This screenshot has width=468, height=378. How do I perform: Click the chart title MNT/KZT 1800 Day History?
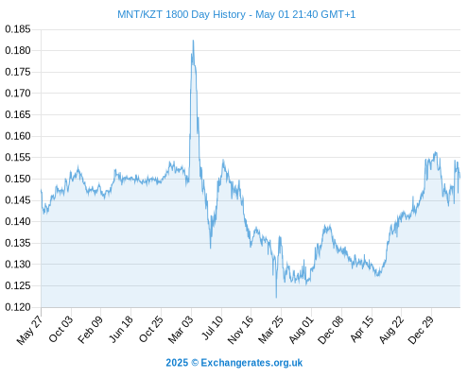click(182, 14)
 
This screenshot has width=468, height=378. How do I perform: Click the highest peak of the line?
click(193, 41)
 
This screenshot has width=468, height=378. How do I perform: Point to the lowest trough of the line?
click(276, 298)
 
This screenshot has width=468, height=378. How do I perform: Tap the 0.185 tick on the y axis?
click(18, 29)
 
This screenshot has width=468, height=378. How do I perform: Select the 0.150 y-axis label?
click(18, 179)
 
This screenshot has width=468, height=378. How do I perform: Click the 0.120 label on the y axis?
click(18, 307)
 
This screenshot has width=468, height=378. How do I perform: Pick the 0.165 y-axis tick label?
click(18, 114)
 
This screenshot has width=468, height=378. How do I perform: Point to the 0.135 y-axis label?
click(18, 243)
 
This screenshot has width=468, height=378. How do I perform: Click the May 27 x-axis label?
click(29, 331)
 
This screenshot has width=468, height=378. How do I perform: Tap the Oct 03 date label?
click(61, 329)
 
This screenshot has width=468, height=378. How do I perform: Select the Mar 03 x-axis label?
click(181, 330)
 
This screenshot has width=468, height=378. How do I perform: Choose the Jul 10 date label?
click(213, 328)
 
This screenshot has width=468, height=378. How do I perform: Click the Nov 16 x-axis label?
click(240, 330)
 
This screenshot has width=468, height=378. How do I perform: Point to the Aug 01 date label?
click(302, 330)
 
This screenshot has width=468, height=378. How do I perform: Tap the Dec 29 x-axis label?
click(421, 330)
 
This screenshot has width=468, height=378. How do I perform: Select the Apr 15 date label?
click(362, 329)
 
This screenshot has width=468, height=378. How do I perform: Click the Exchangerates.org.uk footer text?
click(251, 363)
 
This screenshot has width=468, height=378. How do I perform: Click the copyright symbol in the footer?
click(195, 363)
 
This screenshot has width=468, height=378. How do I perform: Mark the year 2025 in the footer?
click(177, 363)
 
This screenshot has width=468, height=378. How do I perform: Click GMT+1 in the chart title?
click(338, 14)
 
